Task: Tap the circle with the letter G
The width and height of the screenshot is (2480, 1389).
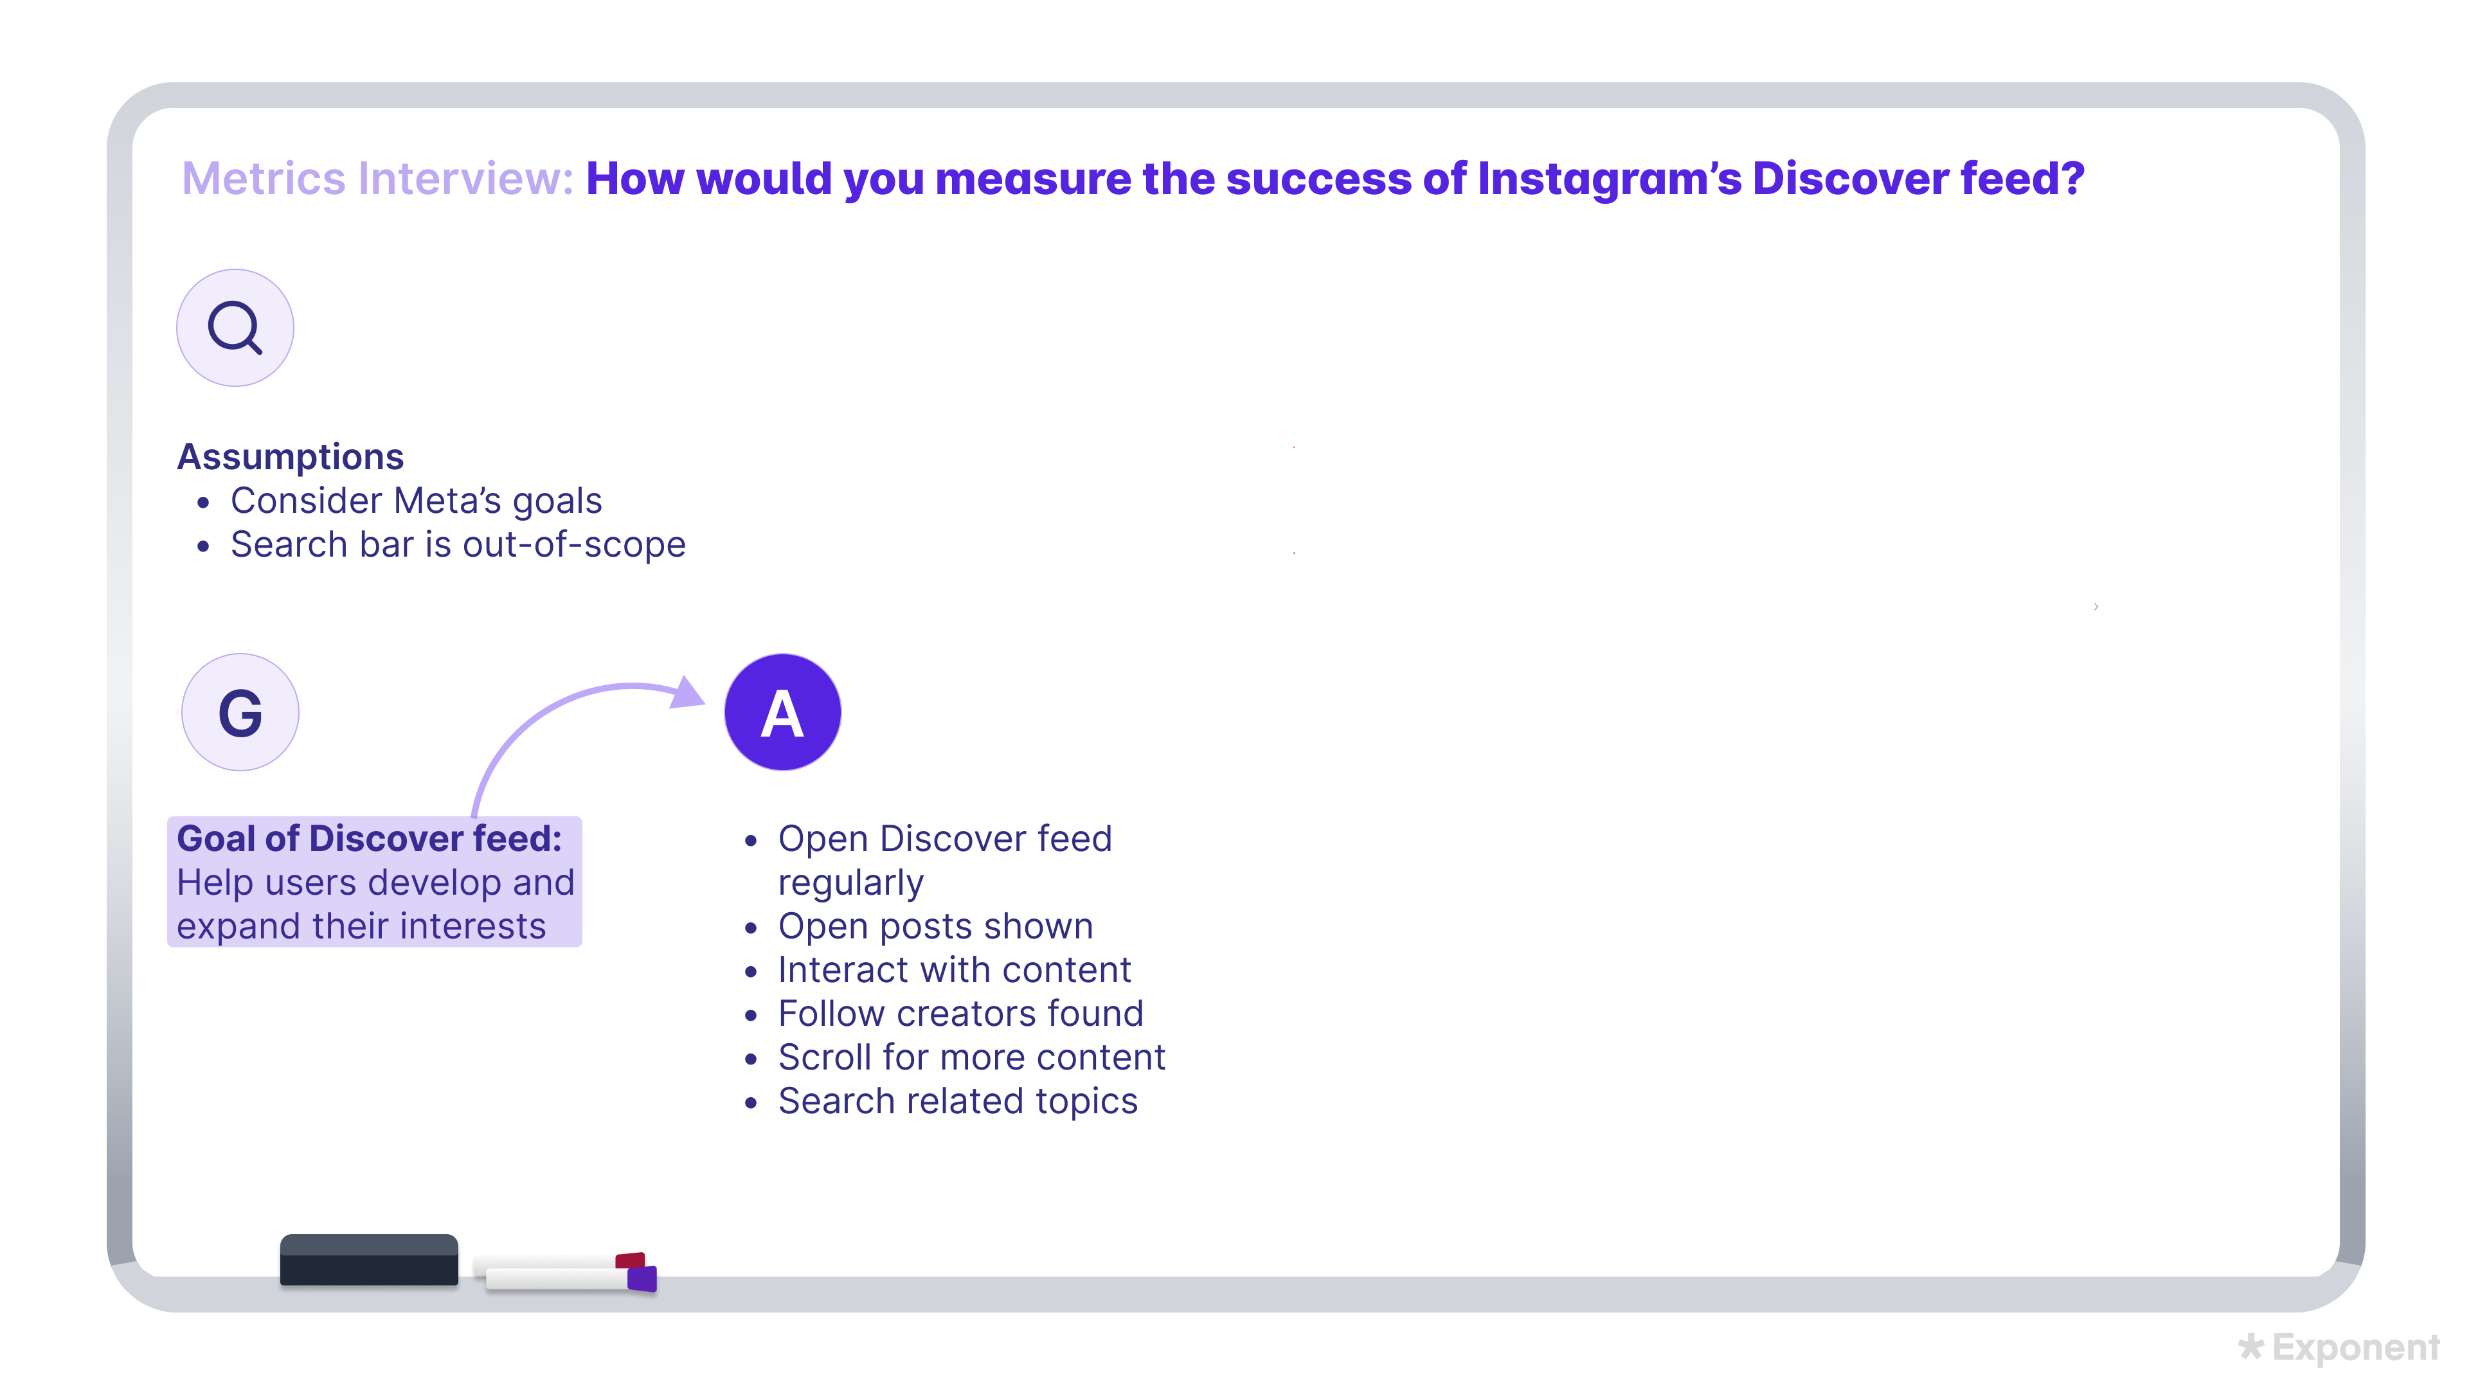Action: [240, 712]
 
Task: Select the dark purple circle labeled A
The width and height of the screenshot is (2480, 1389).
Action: [782, 712]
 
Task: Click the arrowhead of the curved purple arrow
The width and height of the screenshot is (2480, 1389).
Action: [687, 692]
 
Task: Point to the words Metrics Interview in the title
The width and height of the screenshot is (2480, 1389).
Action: [377, 179]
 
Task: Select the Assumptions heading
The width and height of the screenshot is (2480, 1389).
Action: [290, 456]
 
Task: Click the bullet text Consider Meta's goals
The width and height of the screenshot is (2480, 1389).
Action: [416, 501]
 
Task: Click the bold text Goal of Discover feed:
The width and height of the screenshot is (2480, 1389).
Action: [369, 838]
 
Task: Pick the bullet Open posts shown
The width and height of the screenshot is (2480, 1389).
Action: [935, 926]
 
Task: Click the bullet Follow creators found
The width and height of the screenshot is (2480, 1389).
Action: [960, 1014]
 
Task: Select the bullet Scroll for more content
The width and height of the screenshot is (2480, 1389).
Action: [971, 1057]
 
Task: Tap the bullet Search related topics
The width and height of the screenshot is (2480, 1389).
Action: [957, 1101]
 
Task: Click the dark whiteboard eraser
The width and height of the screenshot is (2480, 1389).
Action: [369, 1260]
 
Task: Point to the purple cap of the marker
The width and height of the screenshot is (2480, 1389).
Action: [642, 1277]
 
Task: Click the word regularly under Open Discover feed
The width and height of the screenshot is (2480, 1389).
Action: [850, 883]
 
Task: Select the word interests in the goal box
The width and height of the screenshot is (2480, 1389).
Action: [472, 926]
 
